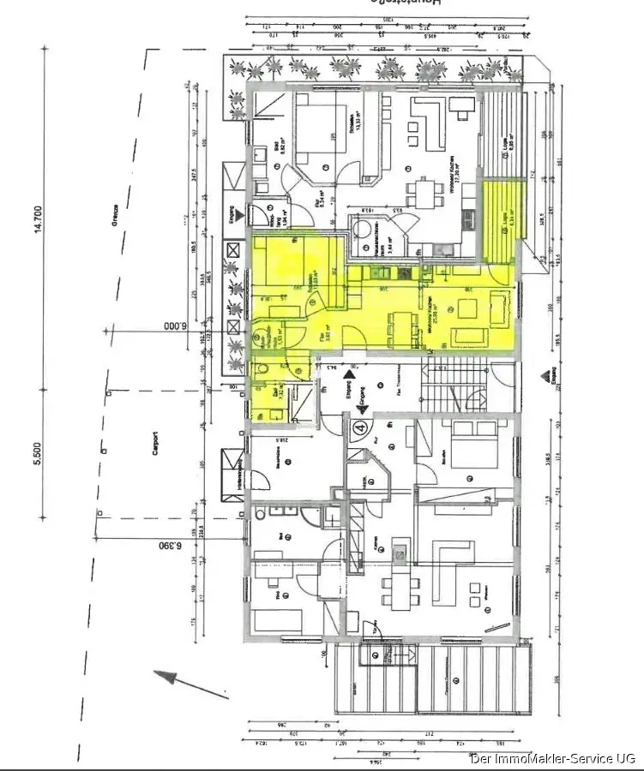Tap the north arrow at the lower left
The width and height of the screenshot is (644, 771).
click(177, 678)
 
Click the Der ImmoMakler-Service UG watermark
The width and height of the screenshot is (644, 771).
click(553, 758)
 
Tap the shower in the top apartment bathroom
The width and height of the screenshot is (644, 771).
click(262, 109)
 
